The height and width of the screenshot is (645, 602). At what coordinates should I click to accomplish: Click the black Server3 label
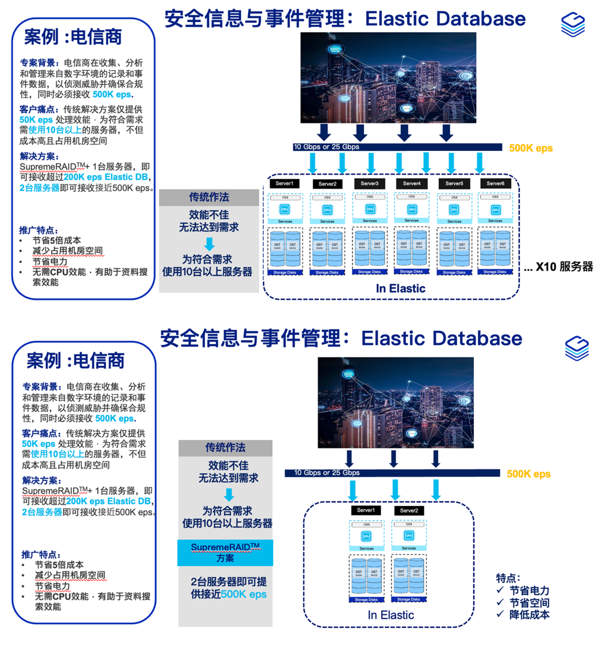369,184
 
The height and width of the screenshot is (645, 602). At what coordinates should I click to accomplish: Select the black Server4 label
411,184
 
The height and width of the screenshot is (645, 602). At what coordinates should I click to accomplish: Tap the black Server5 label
454,184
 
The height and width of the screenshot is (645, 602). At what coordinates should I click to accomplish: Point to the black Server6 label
495,184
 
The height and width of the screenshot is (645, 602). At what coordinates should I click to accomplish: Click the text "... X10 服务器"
558,267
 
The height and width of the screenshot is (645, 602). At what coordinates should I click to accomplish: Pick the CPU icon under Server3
369,209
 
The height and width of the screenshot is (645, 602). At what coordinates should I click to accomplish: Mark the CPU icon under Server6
495,210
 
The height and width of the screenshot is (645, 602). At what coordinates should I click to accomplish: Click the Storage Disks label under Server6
495,272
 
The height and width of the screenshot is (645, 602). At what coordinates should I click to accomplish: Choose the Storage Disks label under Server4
411,271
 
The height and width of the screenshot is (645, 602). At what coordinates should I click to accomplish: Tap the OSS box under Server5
454,197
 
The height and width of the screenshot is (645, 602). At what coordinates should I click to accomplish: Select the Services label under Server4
411,220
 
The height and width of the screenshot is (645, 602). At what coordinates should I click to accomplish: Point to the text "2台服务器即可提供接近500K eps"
229,587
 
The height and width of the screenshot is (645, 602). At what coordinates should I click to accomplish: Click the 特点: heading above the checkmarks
509,577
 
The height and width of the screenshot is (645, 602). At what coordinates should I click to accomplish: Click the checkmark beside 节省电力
500,590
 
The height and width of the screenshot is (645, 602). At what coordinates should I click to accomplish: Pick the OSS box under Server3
369,197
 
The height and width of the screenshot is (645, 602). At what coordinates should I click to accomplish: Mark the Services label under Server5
454,221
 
